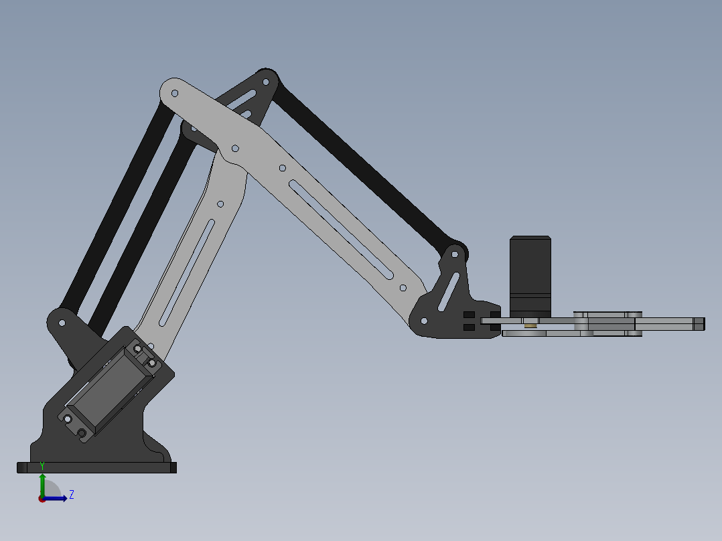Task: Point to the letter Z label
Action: (72, 495)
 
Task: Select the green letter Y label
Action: (42, 465)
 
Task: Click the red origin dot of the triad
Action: (42, 499)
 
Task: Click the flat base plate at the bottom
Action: (96, 467)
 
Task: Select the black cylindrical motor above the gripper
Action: (530, 275)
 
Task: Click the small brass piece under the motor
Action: (530, 325)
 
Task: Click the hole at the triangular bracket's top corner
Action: (266, 82)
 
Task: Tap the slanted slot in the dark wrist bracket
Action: (449, 292)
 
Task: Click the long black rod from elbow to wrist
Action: (362, 161)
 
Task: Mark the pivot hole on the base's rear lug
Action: (62, 323)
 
